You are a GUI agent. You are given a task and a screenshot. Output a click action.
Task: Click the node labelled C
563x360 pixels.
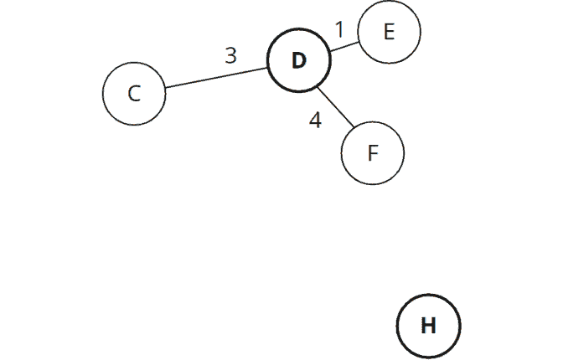pos(134,93)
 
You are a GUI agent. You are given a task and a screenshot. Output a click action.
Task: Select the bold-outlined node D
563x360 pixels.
pos(299,60)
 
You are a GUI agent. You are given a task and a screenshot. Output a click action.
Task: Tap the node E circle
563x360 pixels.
pos(389,32)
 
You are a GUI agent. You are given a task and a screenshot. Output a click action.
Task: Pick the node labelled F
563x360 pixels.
pos(373,153)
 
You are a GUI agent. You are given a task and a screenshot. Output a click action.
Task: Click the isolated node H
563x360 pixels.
pos(428,325)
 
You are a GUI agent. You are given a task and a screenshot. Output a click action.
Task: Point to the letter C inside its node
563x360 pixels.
pos(134,94)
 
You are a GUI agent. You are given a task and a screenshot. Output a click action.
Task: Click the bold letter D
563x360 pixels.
pos(299,61)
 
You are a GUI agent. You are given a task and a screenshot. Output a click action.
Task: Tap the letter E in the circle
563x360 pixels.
pos(389,32)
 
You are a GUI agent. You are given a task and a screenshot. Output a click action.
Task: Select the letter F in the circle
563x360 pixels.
pos(373,153)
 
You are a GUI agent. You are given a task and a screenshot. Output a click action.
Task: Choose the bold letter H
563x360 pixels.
pos(428,326)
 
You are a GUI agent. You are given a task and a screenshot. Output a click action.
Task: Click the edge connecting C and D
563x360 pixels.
pos(216,77)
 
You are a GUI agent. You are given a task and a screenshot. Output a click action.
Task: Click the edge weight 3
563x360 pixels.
pos(230,56)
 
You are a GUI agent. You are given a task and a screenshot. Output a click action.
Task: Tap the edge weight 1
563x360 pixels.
pos(339,29)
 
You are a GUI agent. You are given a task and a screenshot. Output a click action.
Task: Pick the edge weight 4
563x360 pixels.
pos(315,121)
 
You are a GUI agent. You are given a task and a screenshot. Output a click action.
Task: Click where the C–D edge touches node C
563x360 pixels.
pos(165,87)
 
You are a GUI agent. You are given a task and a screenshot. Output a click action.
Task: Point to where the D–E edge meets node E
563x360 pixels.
pos(359,41)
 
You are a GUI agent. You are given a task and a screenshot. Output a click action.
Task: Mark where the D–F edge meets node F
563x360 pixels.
pos(353,129)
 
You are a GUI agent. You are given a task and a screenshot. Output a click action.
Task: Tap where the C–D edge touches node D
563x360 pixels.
pos(268,67)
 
